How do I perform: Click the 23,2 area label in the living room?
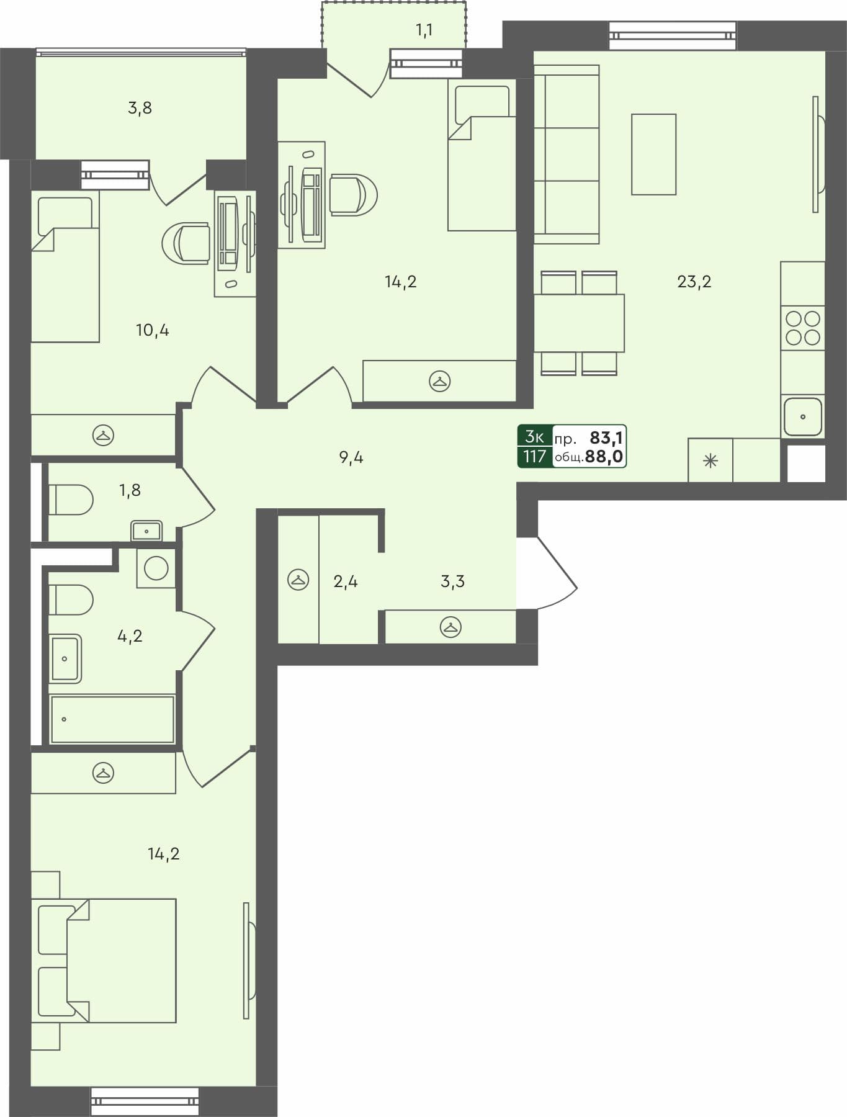point(694,282)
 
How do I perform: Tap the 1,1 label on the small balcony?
point(424,30)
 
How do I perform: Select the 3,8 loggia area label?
point(140,108)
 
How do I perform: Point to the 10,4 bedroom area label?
point(152,330)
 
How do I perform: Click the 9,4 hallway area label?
point(351,458)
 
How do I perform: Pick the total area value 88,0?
point(604,457)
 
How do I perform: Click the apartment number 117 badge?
point(534,457)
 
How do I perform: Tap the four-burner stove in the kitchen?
point(803,328)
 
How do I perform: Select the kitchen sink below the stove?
point(803,416)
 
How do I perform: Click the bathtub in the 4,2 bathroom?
point(112,719)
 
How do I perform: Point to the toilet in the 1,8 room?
point(71,500)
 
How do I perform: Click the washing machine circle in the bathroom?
point(156,568)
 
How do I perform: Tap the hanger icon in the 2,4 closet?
point(298,580)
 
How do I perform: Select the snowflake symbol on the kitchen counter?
point(710,461)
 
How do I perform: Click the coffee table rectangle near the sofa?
point(653,155)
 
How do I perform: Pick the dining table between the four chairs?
point(579,323)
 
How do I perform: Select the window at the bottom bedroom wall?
point(145,1101)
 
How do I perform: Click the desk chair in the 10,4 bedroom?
point(186,243)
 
